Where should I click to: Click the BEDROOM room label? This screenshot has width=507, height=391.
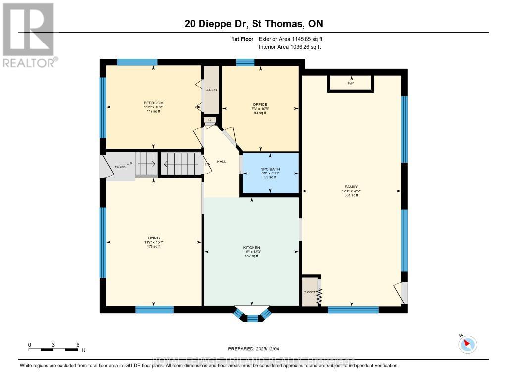pos(153,103)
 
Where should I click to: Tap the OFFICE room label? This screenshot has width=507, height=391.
pos(260,105)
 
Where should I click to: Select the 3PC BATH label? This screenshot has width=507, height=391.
pos(270,170)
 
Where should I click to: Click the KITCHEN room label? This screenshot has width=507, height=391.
pos(252,248)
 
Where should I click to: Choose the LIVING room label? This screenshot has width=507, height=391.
pos(153,238)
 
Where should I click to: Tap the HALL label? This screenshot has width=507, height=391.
pos(221,162)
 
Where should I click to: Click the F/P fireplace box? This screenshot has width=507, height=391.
pos(351,83)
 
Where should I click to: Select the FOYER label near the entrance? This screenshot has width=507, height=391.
pos(120,167)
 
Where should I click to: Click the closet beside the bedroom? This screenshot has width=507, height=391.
pos(211,90)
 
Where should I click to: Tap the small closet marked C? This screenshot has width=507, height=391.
pos(210,120)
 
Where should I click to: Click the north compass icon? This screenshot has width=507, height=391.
pos(468,344)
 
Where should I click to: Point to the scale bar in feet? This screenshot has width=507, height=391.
pos(53,350)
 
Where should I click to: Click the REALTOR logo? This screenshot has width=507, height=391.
pos(29,35)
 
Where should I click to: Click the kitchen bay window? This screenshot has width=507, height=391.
pos(253,314)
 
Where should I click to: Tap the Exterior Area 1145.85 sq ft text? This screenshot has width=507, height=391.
pos(291,39)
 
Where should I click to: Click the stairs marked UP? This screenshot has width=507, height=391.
pos(146,164)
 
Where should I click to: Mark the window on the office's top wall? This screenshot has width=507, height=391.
pos(245,62)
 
